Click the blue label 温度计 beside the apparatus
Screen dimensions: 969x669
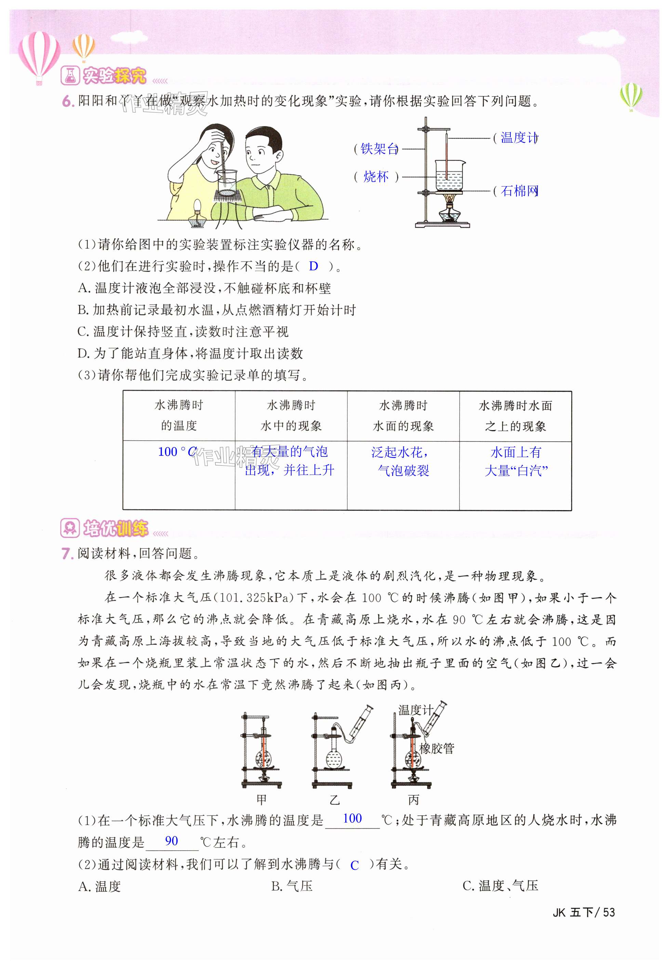pos(518,138)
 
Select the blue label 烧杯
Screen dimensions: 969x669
pos(376,177)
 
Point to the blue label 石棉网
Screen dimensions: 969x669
pos(519,191)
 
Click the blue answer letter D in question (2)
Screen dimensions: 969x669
pos(313,266)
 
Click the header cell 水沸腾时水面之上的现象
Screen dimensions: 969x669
pos(515,416)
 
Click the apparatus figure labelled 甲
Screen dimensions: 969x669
pos(262,751)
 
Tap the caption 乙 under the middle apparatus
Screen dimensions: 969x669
pos(334,800)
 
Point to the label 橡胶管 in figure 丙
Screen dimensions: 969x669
pos(437,748)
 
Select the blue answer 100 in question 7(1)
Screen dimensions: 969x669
pos(352,818)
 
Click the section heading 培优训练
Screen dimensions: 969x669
pos(115,528)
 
